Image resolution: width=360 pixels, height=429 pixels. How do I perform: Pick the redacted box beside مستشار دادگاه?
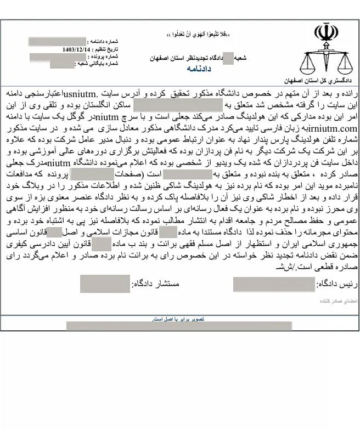97,284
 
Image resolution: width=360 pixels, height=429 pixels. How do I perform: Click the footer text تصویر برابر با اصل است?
178,318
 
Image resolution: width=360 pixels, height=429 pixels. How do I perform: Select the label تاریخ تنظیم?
105,49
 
